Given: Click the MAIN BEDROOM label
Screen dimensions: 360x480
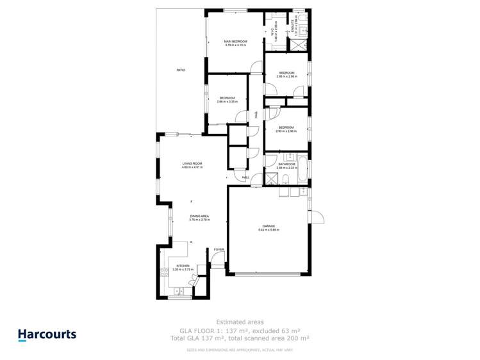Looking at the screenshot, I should coord(235,41).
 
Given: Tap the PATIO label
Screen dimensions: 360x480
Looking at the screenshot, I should coord(181,69).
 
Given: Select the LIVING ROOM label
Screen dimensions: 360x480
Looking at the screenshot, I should coord(192,163).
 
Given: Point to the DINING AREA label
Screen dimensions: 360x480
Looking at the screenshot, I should coord(199,217).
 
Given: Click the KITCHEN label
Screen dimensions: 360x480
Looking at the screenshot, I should coord(183,265).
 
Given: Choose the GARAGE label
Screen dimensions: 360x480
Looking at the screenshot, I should coord(269,226).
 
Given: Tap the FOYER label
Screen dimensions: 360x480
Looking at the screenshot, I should coord(219,249).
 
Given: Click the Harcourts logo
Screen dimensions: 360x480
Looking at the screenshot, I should coord(47,334).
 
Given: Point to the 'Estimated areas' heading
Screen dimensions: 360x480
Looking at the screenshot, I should coord(240,322).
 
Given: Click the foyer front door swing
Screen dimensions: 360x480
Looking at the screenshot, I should coord(218,259).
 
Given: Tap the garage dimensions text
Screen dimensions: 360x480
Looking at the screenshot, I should coord(269,230).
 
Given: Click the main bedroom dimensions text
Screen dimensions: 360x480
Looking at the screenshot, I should coord(235,45).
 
